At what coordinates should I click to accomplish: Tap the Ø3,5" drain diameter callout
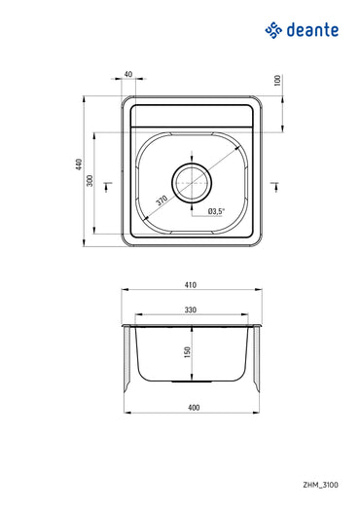tap(216, 210)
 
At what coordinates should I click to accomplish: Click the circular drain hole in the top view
tap(192, 181)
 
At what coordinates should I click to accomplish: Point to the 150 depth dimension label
tap(187, 350)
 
